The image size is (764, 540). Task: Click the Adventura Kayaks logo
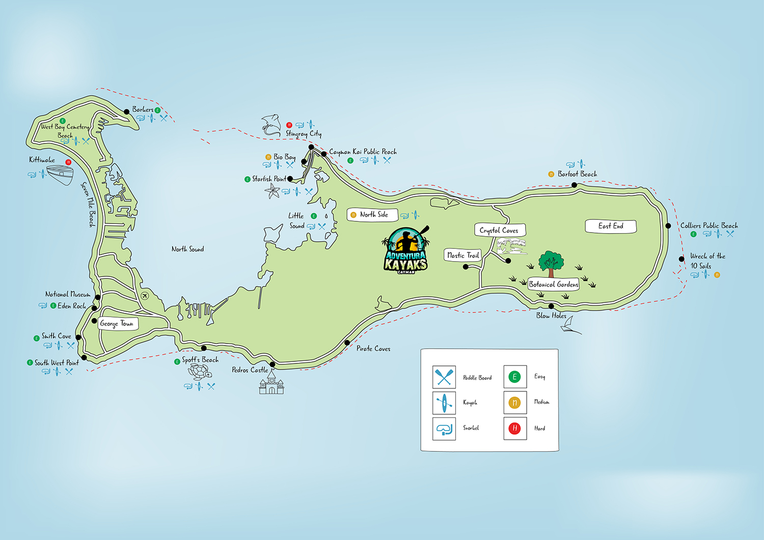(x=406, y=250)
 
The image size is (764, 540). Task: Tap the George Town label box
(x=117, y=323)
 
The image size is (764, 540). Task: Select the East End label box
(x=611, y=226)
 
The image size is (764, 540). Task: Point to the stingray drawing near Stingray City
(x=272, y=125)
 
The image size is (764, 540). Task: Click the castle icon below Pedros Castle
(x=271, y=384)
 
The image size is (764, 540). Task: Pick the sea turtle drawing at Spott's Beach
(x=200, y=372)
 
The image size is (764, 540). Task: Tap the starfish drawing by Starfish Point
(x=272, y=192)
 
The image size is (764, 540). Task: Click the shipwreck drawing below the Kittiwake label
(x=60, y=175)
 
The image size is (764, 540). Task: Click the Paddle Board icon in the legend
(x=444, y=377)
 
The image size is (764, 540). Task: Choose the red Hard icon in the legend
(x=514, y=428)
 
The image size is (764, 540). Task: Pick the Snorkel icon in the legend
(x=444, y=429)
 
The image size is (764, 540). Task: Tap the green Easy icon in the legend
(x=514, y=377)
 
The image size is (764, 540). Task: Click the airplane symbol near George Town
(x=145, y=296)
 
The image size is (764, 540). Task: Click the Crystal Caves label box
(x=499, y=230)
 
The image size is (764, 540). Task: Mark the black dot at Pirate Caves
(x=347, y=343)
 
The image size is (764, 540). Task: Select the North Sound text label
(x=187, y=249)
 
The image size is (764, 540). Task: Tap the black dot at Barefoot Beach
(x=575, y=185)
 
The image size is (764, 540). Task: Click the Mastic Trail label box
(x=463, y=255)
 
